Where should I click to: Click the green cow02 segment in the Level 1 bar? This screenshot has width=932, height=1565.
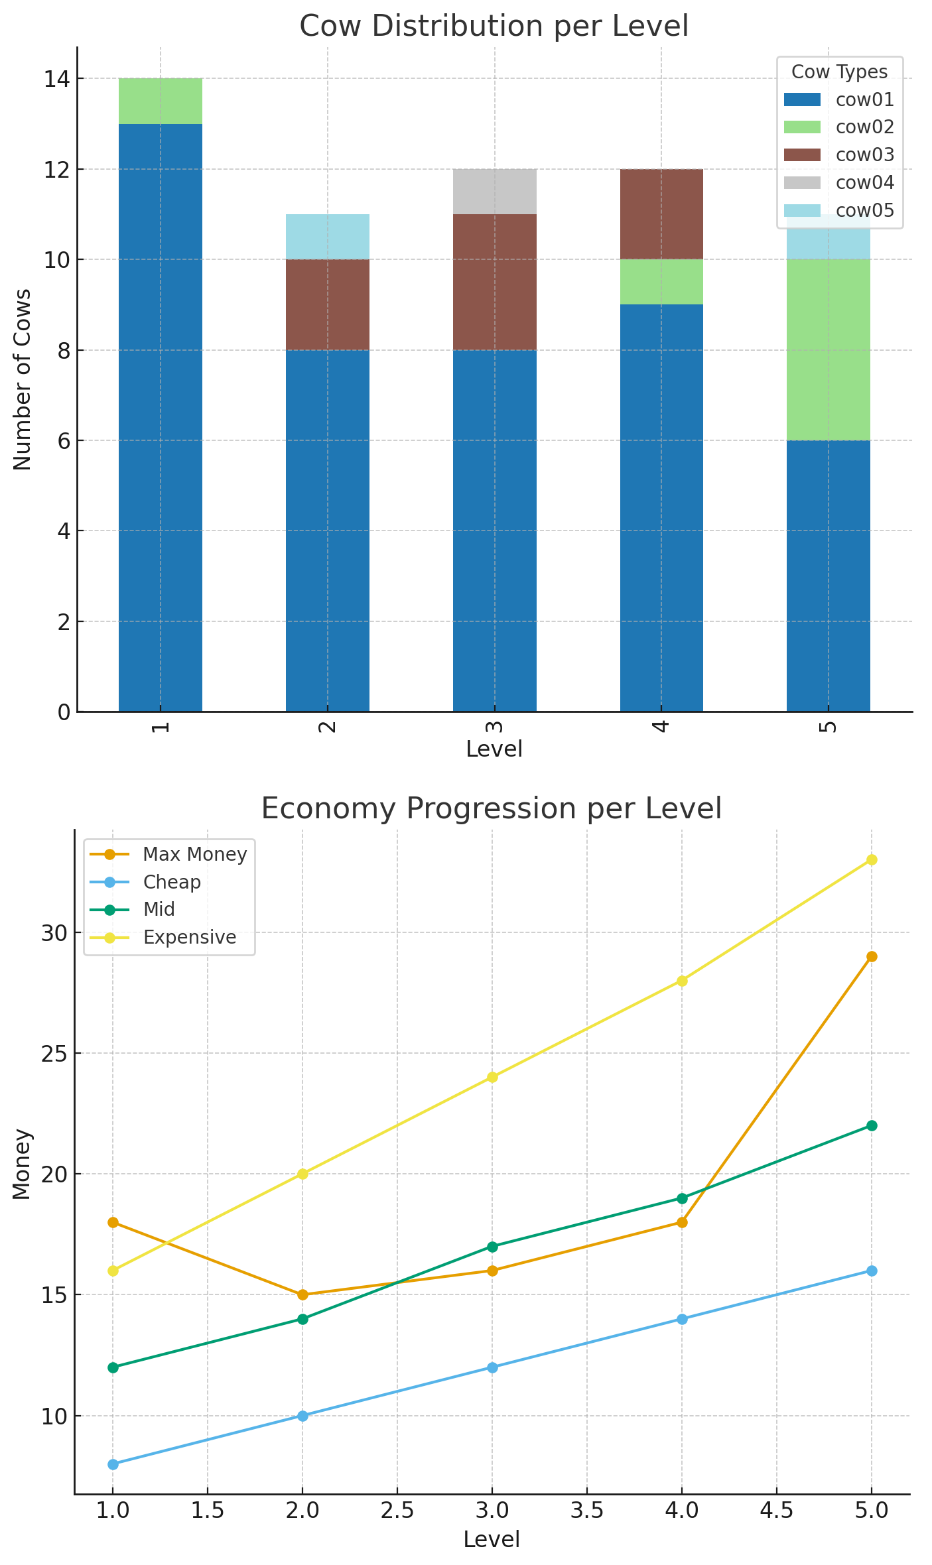point(161,101)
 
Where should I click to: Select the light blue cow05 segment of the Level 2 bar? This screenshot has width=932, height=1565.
point(328,237)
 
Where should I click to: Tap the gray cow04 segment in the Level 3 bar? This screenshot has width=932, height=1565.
point(495,192)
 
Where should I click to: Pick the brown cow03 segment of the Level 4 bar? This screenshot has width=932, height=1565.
point(661,214)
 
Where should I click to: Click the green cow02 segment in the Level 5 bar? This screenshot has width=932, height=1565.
point(828,349)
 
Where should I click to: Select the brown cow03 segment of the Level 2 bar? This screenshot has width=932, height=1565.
point(328,304)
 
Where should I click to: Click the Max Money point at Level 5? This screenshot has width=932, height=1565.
point(872,956)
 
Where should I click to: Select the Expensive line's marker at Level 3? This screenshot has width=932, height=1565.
point(492,1077)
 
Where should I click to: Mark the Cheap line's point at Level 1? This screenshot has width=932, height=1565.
point(113,1464)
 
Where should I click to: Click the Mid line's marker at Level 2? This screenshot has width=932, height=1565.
point(302,1319)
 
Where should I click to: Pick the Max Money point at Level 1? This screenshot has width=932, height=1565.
point(113,1222)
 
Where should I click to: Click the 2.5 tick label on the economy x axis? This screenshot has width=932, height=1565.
point(397,1510)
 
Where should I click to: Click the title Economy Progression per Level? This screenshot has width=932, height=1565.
point(491,809)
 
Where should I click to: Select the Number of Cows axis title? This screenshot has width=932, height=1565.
point(23,379)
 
